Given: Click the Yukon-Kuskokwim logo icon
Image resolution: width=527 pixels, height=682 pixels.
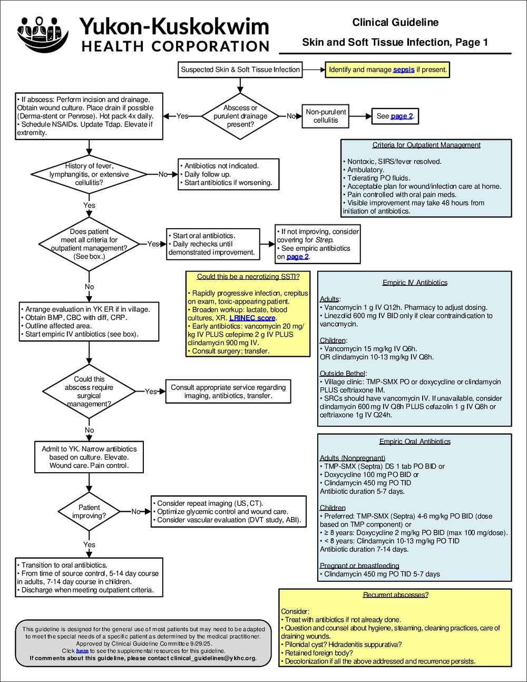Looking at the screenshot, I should point(43,34).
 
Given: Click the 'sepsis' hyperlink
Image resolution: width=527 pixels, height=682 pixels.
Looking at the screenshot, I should point(403,70).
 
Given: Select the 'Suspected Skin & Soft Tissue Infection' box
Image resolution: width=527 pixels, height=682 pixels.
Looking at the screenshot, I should point(240,70).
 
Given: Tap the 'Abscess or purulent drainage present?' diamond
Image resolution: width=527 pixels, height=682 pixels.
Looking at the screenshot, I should point(240,116).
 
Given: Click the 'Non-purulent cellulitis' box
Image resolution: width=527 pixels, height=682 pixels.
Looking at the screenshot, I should point(326,116).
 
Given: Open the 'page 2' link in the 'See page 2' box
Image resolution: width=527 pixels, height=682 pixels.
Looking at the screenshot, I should point(402,116).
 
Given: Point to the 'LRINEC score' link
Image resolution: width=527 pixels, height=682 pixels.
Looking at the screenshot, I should point(252,318).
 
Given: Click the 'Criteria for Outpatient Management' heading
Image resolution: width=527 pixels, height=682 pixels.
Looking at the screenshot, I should point(426,145).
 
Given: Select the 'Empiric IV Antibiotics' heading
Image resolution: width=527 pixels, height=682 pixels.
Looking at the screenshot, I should point(415,282).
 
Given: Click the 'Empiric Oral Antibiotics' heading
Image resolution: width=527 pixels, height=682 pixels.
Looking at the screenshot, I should point(415,442).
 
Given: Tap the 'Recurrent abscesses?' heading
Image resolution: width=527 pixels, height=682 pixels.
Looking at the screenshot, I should point(395,595).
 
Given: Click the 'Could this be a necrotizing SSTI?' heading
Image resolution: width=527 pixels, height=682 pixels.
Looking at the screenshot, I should point(248,277).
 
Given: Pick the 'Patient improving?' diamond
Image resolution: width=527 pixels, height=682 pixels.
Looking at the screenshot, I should point(89,512).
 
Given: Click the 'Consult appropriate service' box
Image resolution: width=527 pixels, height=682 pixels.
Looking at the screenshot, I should point(228,392).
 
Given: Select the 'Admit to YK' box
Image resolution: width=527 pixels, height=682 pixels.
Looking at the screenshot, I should point(89,457).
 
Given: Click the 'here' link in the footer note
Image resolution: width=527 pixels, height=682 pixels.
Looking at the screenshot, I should point(82,651).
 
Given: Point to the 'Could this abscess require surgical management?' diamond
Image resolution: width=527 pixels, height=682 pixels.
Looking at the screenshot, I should point(89,392).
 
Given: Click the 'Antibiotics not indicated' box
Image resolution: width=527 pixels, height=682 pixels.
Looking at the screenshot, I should point(228,174).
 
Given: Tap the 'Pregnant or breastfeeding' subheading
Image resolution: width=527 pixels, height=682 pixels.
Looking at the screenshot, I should point(359,566).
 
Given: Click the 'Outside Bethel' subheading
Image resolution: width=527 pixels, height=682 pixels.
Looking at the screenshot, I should point(343,374).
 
